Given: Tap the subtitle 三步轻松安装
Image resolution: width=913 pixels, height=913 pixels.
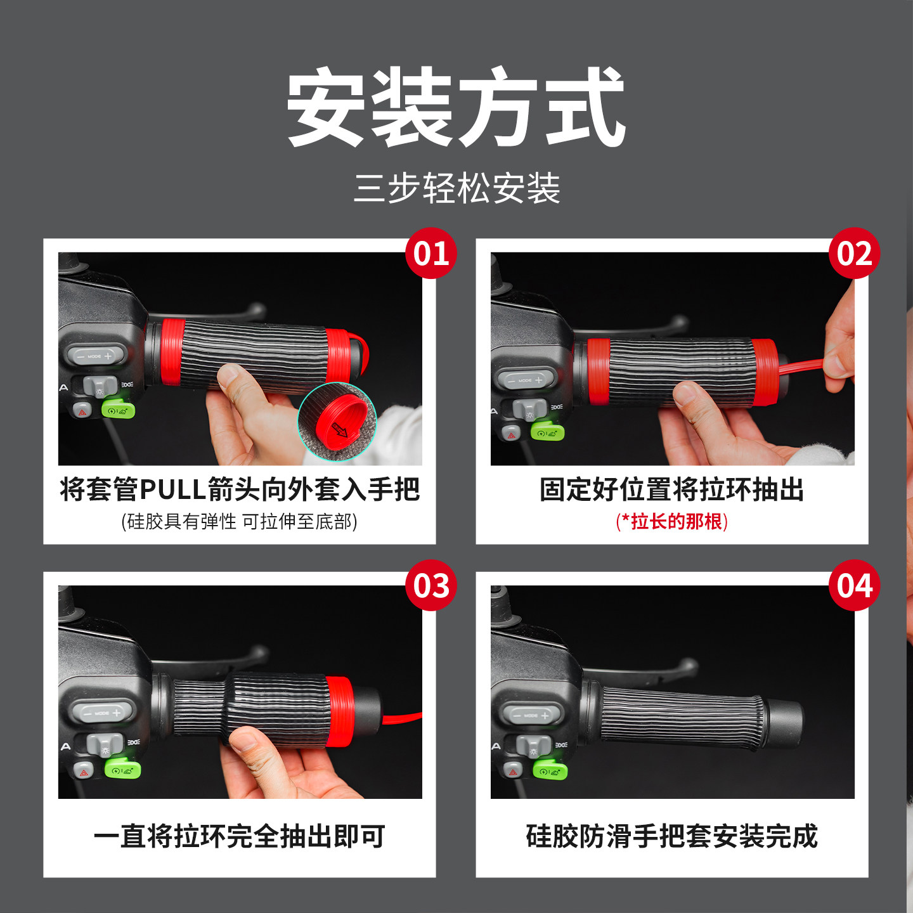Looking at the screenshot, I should pos(456,188).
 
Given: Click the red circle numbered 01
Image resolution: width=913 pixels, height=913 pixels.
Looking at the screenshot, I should pos(431,254).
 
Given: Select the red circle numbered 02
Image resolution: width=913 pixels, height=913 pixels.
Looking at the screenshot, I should pos(854,254).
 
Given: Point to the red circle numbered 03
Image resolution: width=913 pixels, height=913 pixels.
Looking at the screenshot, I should pos(431,585).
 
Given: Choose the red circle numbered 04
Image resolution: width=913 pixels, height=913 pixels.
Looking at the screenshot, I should pos(854,585).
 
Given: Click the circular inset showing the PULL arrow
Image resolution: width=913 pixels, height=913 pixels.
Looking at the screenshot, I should pos(337,422).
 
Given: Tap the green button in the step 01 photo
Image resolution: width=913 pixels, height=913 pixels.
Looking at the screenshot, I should pos(118,409).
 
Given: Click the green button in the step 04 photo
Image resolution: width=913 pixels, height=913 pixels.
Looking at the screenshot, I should pos(550,770).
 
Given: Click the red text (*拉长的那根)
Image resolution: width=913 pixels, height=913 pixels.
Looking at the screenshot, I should pos(671,521).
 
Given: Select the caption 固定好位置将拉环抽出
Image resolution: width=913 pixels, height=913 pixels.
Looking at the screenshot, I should pos(671,489).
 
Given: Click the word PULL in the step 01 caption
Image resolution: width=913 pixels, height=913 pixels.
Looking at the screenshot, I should pos(172,489).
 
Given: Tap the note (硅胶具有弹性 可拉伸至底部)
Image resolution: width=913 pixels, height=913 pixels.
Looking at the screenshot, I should pos(239,521).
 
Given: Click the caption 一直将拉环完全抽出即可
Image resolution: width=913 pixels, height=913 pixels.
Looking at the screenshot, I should pos(239,836).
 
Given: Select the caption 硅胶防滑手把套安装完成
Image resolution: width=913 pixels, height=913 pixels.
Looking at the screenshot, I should pos(671,836).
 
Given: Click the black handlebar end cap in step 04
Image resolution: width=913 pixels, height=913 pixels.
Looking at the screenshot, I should pos(784,723).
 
